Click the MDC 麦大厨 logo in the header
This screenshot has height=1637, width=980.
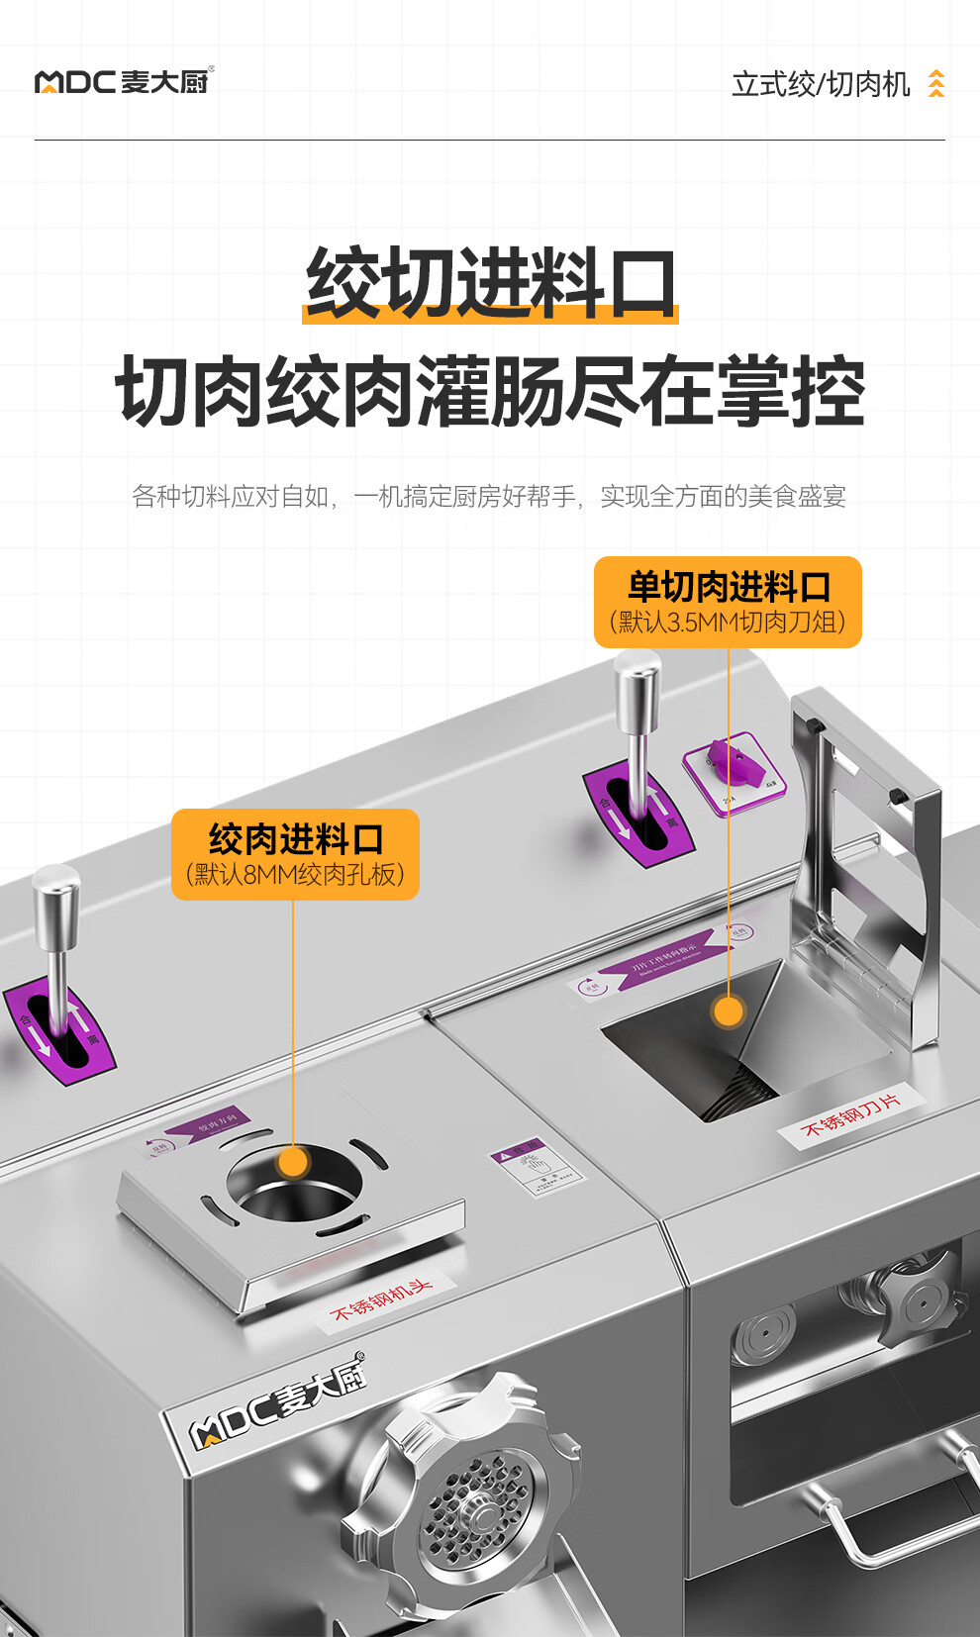coord(124,81)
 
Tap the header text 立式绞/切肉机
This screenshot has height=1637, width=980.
coord(820,85)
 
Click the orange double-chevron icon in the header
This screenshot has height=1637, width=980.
coord(935,84)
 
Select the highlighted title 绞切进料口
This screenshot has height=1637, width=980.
coord(490,284)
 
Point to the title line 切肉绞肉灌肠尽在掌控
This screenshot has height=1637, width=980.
coord(490,392)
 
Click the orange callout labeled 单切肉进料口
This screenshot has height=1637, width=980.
coord(728,602)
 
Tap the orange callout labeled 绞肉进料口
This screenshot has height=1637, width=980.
coord(295,854)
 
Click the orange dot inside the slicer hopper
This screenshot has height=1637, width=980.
coord(729,1011)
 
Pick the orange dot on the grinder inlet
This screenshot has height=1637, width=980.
coord(293,1160)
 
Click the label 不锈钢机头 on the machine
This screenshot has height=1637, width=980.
coord(381,1300)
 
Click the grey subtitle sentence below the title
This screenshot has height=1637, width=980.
coord(489,496)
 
